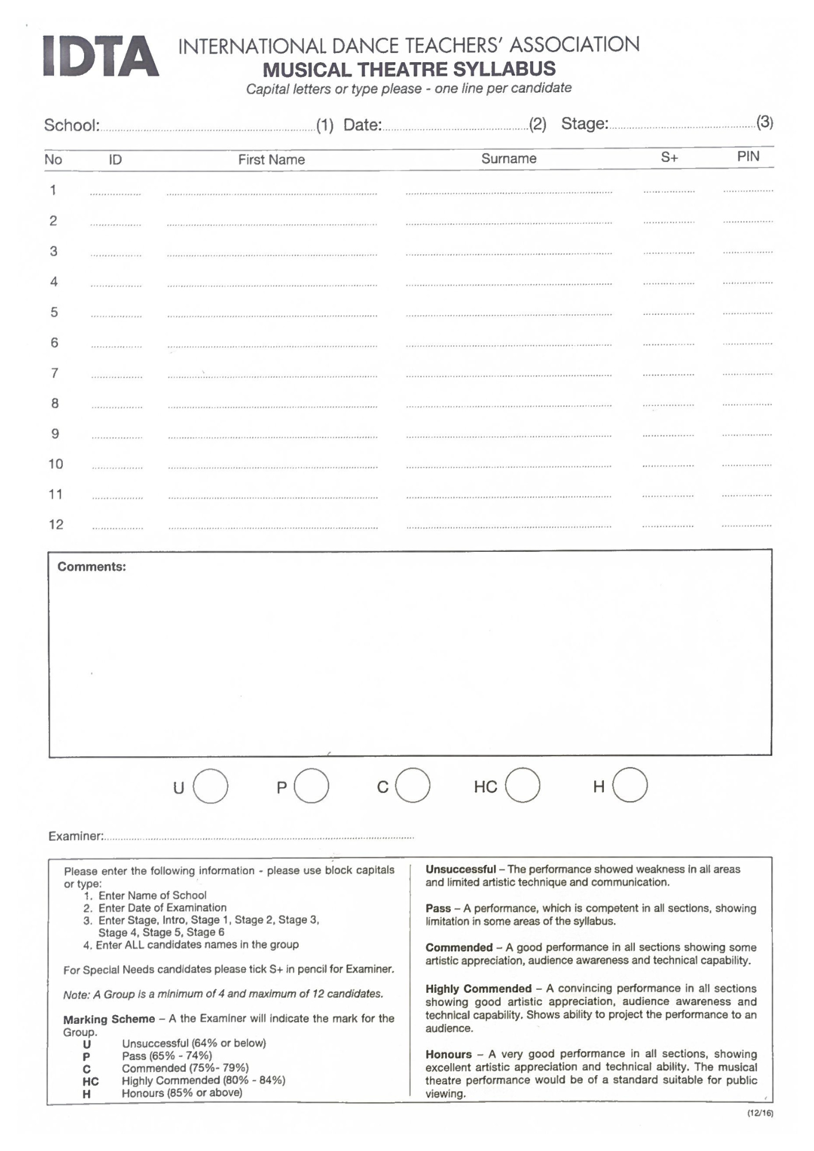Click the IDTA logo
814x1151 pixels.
tap(101, 56)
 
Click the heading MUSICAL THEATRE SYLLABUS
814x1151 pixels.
tap(409, 70)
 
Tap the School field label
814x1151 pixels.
tap(72, 125)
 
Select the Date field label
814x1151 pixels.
tap(363, 125)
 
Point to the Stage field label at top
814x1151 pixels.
tap(584, 124)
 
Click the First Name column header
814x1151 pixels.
tap(271, 160)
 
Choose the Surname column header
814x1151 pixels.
tap(508, 159)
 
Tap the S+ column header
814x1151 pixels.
tap(669, 158)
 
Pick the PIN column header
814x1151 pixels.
tap(748, 157)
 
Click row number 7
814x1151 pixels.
tap(55, 373)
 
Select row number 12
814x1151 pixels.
tap(56, 525)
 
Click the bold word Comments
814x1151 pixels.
tap(92, 567)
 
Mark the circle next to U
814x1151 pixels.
tap(211, 786)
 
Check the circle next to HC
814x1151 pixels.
tap(523, 786)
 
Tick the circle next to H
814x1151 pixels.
tap(630, 785)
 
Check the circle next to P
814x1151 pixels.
tap(311, 786)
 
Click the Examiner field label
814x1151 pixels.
tap(75, 836)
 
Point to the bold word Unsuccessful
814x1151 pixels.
tap(461, 870)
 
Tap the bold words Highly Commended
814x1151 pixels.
tap(478, 989)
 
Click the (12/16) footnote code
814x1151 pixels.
tap(760, 1113)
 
